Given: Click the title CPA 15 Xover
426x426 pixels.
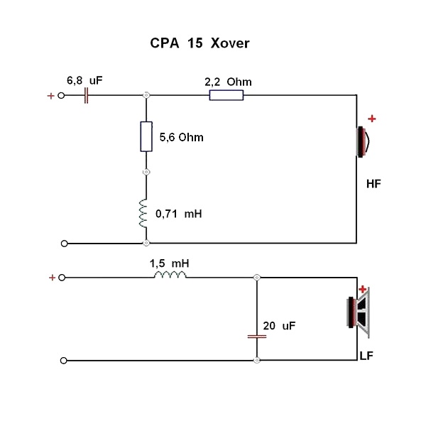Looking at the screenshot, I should [199, 44].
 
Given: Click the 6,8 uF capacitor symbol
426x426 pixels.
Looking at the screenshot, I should [86, 95].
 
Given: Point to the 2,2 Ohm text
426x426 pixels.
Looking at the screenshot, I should [228, 82].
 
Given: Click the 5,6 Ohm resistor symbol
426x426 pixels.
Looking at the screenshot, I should [146, 136].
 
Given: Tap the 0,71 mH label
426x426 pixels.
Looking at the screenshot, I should [178, 212].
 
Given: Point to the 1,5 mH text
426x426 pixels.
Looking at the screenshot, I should [169, 263].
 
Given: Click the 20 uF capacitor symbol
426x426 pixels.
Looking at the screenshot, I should [256, 336].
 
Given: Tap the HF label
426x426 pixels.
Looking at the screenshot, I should [373, 184].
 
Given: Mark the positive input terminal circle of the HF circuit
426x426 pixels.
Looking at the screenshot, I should [62, 95].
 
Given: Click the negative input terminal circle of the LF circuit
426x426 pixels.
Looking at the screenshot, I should [65, 361].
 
